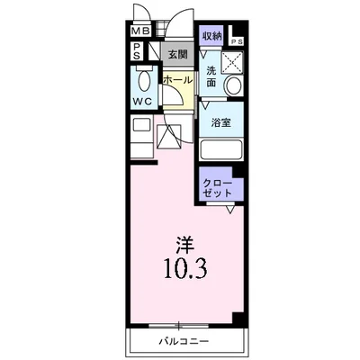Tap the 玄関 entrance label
[x=176, y=55]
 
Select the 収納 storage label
[x=212, y=35]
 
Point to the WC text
[x=142, y=100]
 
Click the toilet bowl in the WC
[x=143, y=77]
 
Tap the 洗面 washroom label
[x=210, y=77]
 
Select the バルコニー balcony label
[x=184, y=343]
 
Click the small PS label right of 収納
[x=237, y=41]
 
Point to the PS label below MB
[x=136, y=51]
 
